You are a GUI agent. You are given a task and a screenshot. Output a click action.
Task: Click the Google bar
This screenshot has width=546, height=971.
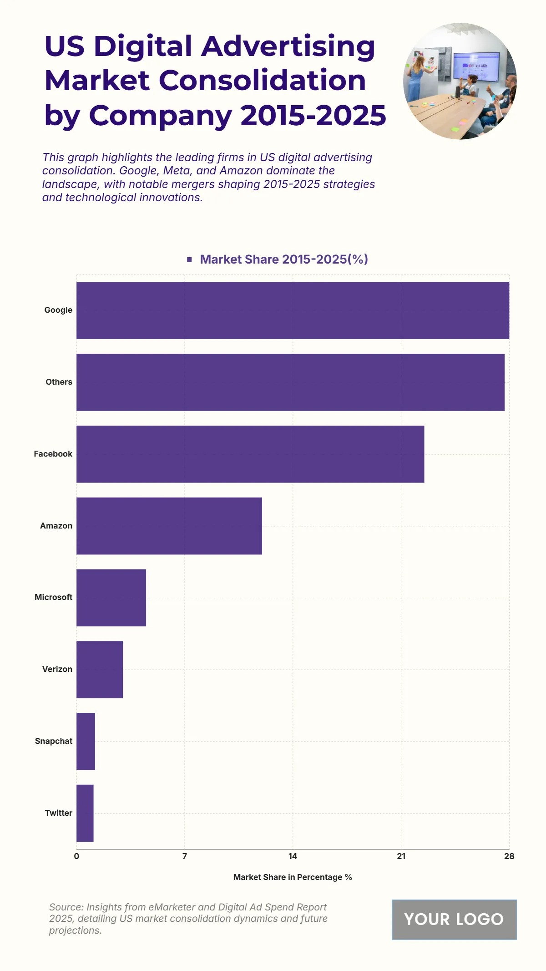point(293,310)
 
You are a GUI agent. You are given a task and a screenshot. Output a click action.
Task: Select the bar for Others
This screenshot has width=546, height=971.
point(290,382)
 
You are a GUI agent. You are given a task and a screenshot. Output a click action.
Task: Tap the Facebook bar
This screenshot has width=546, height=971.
point(250,454)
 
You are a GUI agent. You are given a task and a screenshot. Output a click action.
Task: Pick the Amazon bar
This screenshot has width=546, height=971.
point(169,526)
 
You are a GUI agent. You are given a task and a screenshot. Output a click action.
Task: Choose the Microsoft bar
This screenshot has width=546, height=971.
point(111,598)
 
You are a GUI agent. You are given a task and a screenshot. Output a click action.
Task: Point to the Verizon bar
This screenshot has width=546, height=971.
point(100,669)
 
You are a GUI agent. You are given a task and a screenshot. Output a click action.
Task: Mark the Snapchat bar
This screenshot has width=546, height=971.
point(86,741)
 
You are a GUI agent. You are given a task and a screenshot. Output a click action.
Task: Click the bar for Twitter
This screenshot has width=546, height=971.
point(85,813)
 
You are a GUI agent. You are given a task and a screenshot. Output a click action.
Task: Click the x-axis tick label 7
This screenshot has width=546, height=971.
point(185,856)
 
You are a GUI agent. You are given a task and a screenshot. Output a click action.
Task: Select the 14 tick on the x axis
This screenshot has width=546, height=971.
point(293,856)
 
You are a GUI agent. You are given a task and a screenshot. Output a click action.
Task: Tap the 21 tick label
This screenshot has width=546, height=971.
point(401,856)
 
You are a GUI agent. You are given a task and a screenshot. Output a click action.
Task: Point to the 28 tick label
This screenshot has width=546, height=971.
point(509,856)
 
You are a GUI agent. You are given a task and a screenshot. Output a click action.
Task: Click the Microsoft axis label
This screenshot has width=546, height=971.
point(53,597)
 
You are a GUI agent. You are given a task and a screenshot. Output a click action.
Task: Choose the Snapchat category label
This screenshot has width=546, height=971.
point(54,741)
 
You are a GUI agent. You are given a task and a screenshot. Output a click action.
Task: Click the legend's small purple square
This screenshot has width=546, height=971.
point(189,259)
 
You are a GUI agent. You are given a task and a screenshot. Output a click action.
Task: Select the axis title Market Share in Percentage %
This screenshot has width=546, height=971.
point(293,877)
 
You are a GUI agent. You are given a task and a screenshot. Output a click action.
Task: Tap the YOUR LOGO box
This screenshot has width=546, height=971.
point(454,919)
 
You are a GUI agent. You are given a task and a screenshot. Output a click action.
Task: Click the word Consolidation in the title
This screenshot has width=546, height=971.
point(262,81)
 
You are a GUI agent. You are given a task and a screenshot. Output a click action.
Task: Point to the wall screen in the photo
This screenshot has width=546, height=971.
point(476,67)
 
